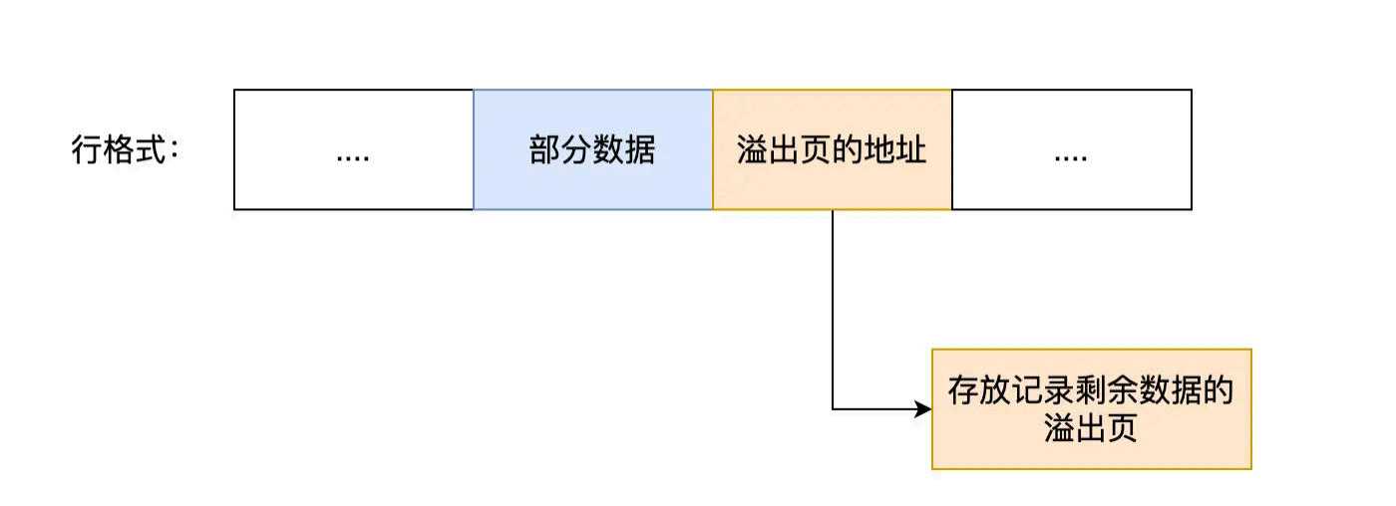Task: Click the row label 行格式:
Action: click(x=126, y=151)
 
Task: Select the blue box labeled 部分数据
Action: click(x=592, y=149)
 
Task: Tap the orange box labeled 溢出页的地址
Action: click(x=832, y=149)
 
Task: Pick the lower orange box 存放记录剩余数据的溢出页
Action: click(x=1091, y=408)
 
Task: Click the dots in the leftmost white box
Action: click(x=353, y=155)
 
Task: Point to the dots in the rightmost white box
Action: click(x=1071, y=155)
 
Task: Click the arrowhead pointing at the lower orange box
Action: click(x=923, y=408)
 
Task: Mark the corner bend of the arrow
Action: click(x=833, y=408)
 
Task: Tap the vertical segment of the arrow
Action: click(x=833, y=309)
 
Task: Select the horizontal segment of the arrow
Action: click(x=872, y=408)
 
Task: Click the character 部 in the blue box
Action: click(x=544, y=150)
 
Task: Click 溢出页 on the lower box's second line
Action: click(x=1091, y=429)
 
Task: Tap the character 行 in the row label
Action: click(x=87, y=151)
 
